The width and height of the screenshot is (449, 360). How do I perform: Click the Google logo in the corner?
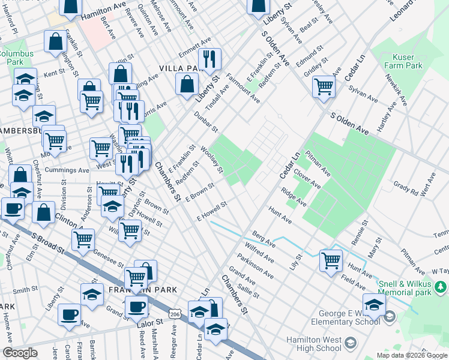tap(20, 353)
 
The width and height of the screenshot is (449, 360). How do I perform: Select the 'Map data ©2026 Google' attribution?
tap(412, 355)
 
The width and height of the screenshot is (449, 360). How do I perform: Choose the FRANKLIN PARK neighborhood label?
tap(143, 290)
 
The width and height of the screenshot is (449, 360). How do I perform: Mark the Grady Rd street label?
tap(405, 187)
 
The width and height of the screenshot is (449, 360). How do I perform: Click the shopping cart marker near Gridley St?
tap(324, 86)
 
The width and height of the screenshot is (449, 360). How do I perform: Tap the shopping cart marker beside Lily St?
tap(331, 260)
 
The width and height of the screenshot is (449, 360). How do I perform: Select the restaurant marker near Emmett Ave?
tap(209, 59)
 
